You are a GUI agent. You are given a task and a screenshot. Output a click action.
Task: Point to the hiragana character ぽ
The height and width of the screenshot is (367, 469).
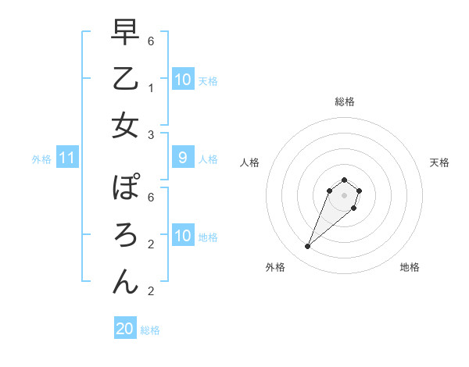coord(125,188)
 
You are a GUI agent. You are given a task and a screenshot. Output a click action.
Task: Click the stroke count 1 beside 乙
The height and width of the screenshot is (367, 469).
coord(152,88)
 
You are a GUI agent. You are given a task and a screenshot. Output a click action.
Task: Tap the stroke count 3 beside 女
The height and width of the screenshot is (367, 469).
coord(152,134)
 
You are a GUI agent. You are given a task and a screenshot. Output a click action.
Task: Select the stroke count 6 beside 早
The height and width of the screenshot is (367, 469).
coord(152,41)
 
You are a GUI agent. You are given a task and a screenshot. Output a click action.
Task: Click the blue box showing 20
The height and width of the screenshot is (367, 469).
coord(125,329)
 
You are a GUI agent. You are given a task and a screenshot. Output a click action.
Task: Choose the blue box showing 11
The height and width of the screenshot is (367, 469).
coord(66,159)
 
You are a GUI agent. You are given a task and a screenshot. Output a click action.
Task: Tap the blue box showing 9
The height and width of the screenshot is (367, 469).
coord(182,159)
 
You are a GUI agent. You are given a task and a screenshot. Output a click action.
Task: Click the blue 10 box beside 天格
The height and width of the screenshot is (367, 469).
coord(182,80)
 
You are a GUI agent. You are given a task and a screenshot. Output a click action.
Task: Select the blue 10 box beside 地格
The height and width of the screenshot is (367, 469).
coord(182,236)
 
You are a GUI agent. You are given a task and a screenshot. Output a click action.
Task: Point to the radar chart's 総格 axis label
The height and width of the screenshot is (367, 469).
coord(344,102)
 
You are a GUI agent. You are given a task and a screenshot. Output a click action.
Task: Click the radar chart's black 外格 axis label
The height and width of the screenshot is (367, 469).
coord(275,267)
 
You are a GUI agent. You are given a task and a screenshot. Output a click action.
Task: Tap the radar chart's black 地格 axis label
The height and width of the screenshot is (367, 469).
coord(410,267)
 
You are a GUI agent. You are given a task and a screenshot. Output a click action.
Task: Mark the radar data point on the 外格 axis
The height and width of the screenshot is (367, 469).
coord(307,247)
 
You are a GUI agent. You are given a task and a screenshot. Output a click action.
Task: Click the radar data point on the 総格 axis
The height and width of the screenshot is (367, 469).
coord(344,180)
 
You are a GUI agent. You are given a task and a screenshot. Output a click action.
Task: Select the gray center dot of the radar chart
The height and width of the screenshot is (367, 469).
coord(344,195)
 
